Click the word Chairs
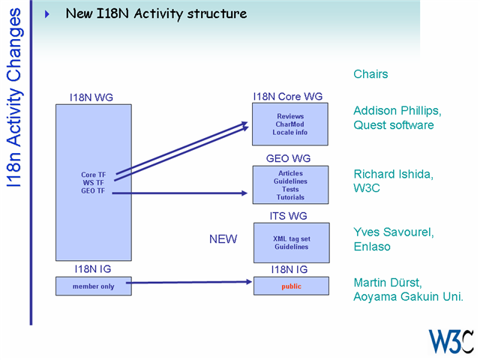[x=370, y=74]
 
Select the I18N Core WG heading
[x=287, y=97]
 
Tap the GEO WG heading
[x=288, y=158]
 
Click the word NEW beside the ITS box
[x=223, y=239]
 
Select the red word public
[x=291, y=286]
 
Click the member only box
[x=94, y=286]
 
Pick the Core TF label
[x=94, y=175]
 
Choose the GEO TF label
[x=94, y=191]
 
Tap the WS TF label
[x=94, y=183]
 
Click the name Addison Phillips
[x=397, y=111]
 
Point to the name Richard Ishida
[x=394, y=174]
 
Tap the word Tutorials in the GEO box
[x=290, y=197]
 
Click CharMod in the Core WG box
[x=290, y=124]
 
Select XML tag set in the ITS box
[x=290, y=238]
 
